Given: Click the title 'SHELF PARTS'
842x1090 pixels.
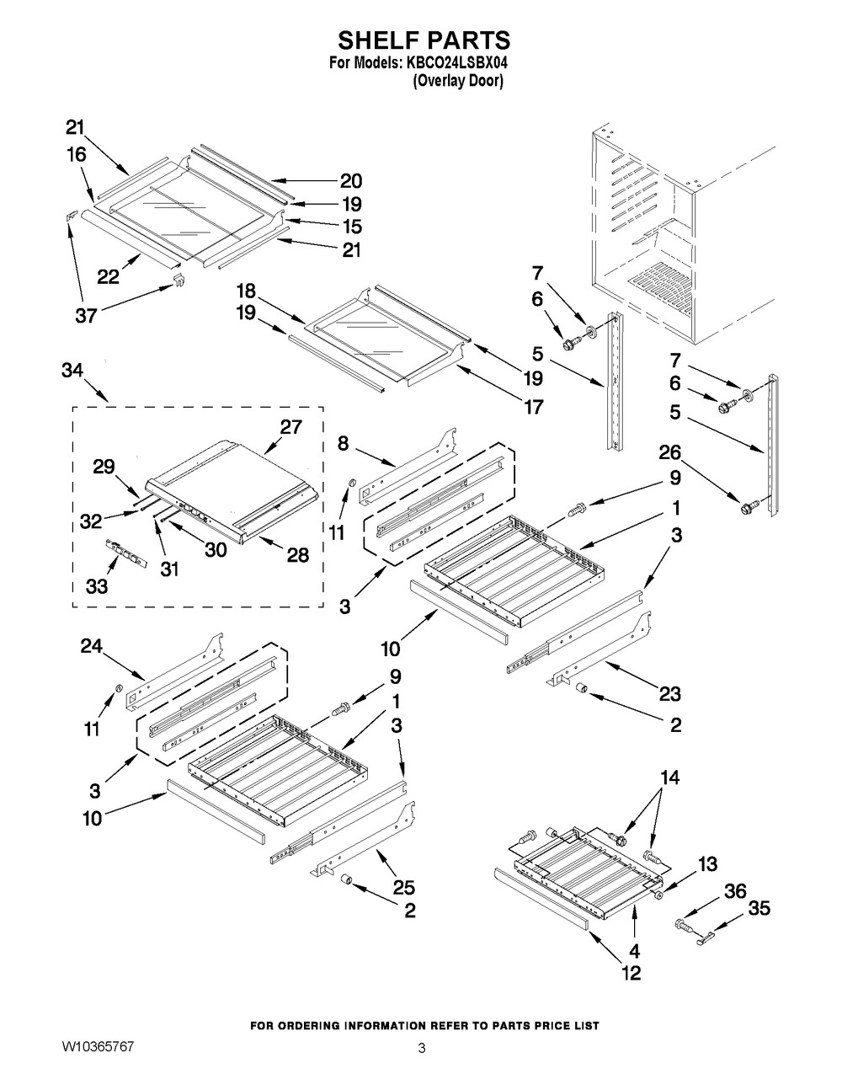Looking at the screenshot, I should point(424,40).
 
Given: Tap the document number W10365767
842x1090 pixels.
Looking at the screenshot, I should point(97,1046).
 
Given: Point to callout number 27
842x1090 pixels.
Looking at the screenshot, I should point(290,426).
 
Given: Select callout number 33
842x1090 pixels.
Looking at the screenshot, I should point(97,586).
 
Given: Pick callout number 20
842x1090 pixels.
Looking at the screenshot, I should point(350,180).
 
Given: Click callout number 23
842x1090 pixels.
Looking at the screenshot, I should point(670,695).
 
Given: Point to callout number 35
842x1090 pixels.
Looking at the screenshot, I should point(759,909).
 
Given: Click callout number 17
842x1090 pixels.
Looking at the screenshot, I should point(532,408).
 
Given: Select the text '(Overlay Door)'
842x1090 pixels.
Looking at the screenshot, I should point(457,82).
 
